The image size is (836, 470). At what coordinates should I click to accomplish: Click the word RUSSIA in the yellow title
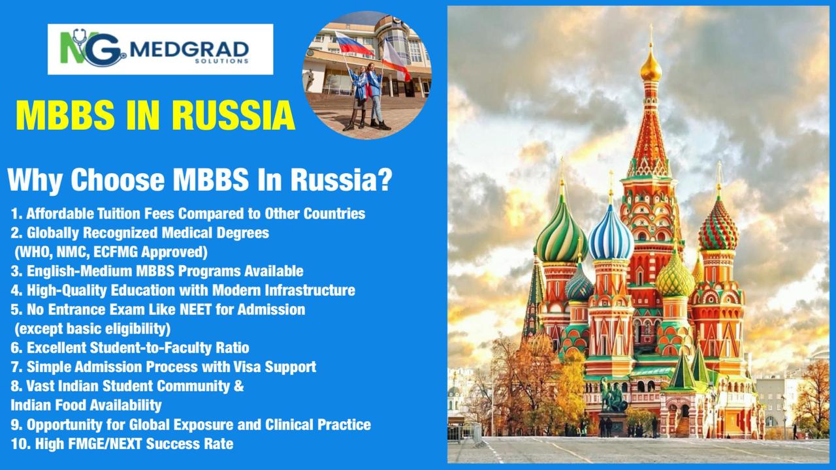pyautogui.click(x=233, y=116)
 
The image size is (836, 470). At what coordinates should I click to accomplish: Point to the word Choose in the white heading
pyautogui.click(x=118, y=180)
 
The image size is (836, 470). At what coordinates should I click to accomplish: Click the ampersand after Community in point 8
pyautogui.click(x=239, y=386)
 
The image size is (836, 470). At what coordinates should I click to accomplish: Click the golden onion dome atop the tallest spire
pyautogui.click(x=651, y=67)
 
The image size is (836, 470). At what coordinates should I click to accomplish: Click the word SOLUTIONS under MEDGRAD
pyautogui.click(x=221, y=61)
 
